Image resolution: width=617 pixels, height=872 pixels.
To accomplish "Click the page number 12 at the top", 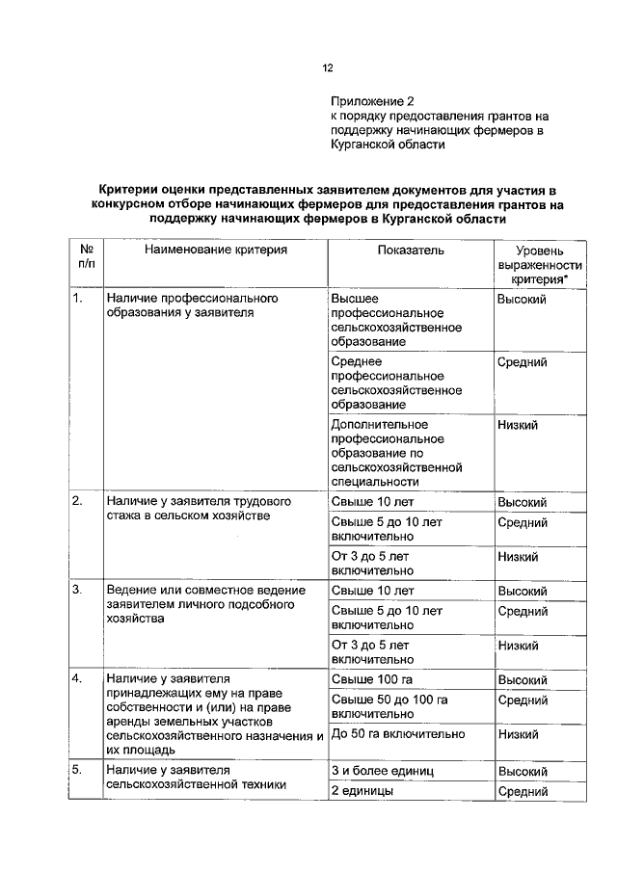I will click(x=327, y=67).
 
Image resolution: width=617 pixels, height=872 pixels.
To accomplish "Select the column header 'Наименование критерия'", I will click(x=216, y=250).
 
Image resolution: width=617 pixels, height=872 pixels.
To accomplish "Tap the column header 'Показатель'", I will click(x=410, y=250).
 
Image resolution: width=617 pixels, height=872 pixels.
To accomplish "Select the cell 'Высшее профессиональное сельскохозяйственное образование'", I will click(x=395, y=320).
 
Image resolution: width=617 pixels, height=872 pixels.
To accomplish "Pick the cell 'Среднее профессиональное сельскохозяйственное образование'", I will click(x=395, y=383).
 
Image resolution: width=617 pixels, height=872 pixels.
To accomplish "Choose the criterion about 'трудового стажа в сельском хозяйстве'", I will click(x=198, y=509).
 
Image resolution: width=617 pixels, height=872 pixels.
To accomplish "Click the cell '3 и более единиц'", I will click(x=383, y=772).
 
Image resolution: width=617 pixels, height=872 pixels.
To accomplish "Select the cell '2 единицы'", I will click(x=361, y=791).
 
